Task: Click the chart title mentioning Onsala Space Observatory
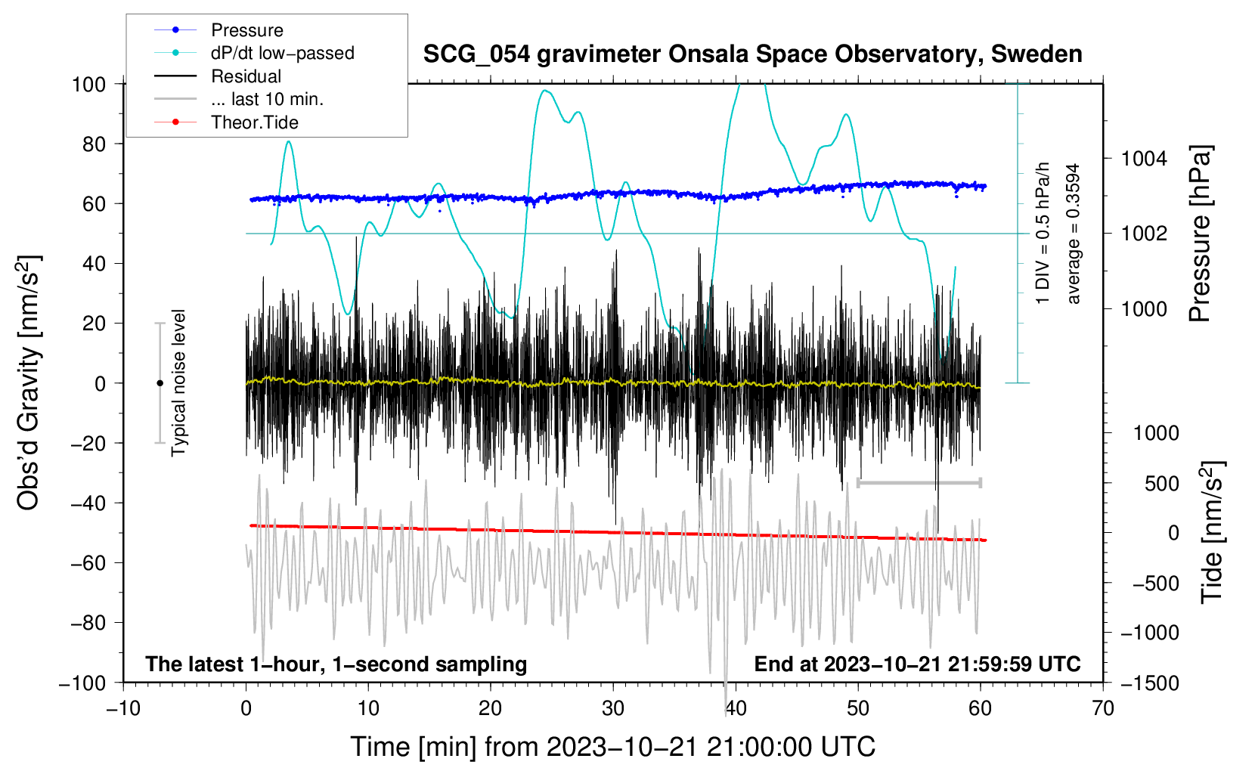(752, 54)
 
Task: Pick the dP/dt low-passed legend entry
(282, 53)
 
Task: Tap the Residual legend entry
(246, 76)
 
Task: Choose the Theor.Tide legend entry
(254, 122)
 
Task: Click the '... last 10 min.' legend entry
(267, 99)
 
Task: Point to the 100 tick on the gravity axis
(88, 84)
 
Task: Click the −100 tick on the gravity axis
(82, 683)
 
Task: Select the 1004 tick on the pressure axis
(1144, 159)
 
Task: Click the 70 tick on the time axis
(1103, 709)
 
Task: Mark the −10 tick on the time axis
(123, 709)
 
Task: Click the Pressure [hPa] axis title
(1201, 234)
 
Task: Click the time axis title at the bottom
(612, 747)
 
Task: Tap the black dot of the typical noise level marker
(160, 383)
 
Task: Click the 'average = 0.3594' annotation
(1074, 234)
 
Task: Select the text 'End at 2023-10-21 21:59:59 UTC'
(917, 664)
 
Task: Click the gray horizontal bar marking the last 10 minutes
(919, 482)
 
